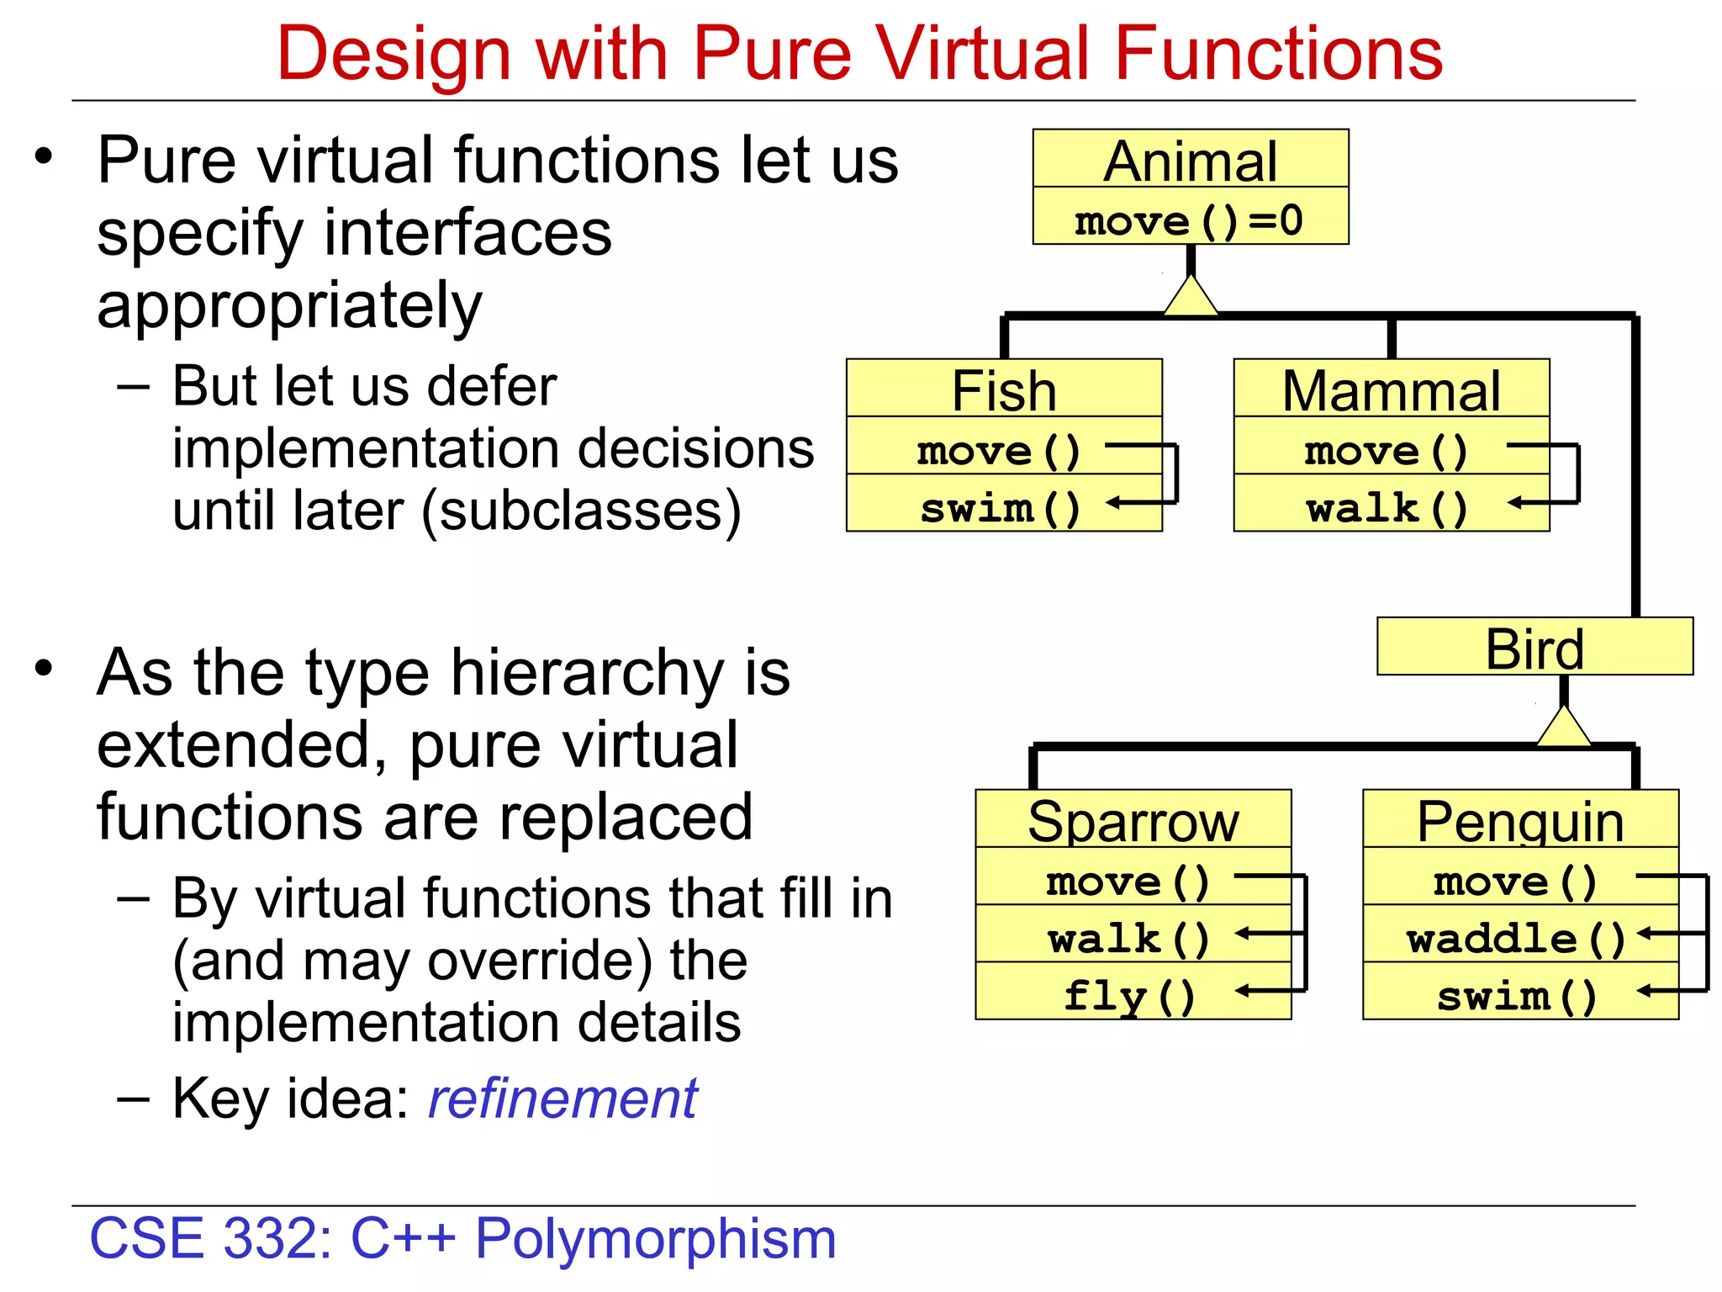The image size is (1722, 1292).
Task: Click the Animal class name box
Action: [1190, 160]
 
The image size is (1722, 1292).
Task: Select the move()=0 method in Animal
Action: [1188, 220]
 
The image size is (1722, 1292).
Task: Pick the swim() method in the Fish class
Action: [1001, 507]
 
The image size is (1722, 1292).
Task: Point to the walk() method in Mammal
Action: [1387, 507]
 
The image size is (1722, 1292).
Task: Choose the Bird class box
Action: [1534, 648]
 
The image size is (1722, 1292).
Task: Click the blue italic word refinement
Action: [563, 1099]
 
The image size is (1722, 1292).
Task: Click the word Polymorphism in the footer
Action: [656, 1238]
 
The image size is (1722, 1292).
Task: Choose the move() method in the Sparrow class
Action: [1128, 880]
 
